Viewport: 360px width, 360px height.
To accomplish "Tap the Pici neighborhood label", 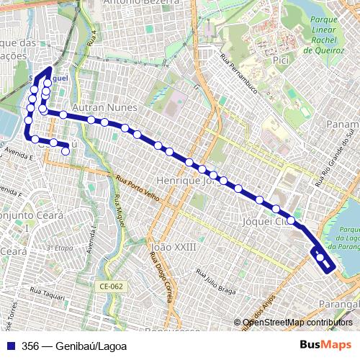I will point(281,62).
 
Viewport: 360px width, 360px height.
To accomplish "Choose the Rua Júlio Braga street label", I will point(215,284).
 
